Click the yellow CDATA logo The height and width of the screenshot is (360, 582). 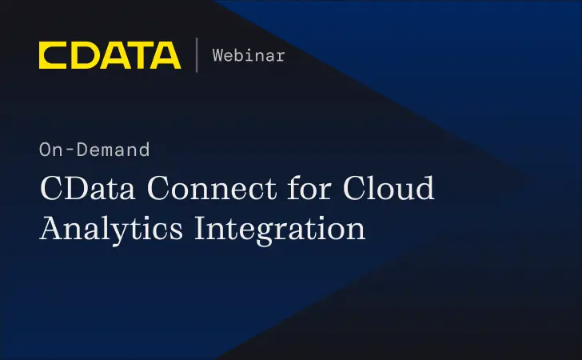click(110, 55)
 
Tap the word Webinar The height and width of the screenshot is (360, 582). click(249, 55)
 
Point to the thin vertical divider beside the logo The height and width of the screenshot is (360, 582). click(197, 55)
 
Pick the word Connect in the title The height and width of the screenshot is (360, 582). click(197, 189)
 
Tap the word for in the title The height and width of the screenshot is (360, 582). click(297, 189)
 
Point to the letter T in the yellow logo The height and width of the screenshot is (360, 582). click(138, 55)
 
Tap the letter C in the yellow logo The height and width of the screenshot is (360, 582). click(52, 55)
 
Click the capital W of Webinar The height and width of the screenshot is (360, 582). click(218, 55)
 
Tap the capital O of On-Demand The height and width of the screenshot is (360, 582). click(45, 150)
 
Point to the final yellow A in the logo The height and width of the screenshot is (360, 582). click(166, 55)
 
